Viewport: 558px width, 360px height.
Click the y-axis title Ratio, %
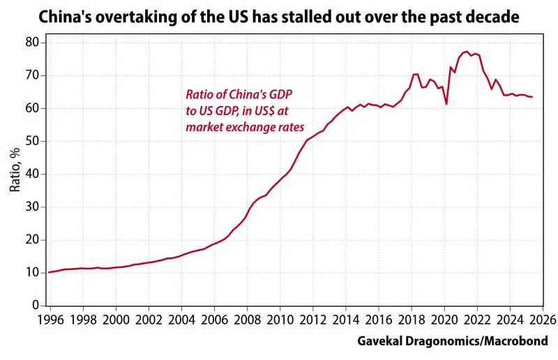coord(15,173)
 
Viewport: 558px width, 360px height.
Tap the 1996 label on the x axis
coord(50,320)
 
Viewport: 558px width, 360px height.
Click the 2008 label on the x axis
coord(247,320)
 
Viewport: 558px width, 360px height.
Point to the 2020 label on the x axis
coord(444,320)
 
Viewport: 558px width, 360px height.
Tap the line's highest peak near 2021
coord(465,52)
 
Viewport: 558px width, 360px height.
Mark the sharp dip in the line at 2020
coord(446,104)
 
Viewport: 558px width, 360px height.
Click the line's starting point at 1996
coord(48,272)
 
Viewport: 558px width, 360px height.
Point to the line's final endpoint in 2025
coord(532,97)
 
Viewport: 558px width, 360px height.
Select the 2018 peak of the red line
coord(416,74)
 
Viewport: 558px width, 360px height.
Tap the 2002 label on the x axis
coord(148,320)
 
